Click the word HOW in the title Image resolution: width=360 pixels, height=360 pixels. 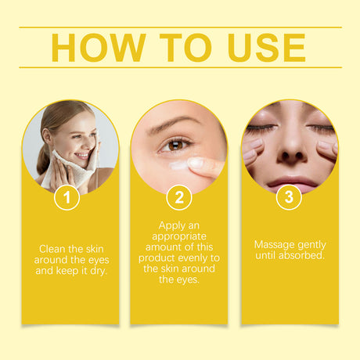click(99, 48)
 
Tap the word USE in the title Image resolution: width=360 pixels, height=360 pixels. click(266, 48)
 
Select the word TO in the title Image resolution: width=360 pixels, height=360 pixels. click(185, 48)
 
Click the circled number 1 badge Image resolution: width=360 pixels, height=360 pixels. click(67, 197)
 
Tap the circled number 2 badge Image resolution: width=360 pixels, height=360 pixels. click(179, 197)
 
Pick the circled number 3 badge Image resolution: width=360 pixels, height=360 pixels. click(289, 196)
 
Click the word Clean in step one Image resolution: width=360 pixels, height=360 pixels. click(52, 249)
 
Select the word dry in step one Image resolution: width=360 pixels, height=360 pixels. click(99, 271)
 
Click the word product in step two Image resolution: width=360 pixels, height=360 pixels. click(155, 258)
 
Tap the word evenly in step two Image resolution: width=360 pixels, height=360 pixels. click(192, 258)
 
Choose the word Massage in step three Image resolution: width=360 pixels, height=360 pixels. click(270, 245)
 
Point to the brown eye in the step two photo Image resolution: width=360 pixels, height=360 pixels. click(174, 146)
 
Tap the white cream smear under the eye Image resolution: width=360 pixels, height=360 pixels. click(178, 165)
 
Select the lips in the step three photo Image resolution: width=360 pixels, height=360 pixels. click(292, 182)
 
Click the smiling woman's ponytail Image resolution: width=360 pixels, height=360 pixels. click(43, 158)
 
